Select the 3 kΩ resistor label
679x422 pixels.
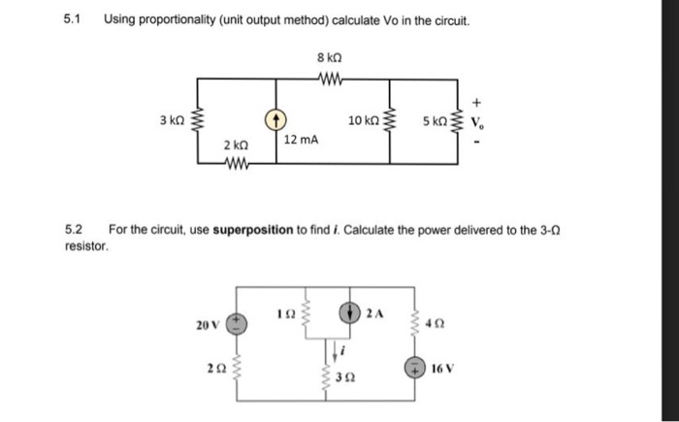(x=172, y=121)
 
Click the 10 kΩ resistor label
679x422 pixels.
(x=365, y=121)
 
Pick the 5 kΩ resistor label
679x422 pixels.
(x=436, y=121)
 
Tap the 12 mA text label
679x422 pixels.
(x=301, y=141)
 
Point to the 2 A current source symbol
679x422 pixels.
(x=350, y=312)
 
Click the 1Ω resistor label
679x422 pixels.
(x=284, y=314)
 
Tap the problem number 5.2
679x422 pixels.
(x=73, y=230)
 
